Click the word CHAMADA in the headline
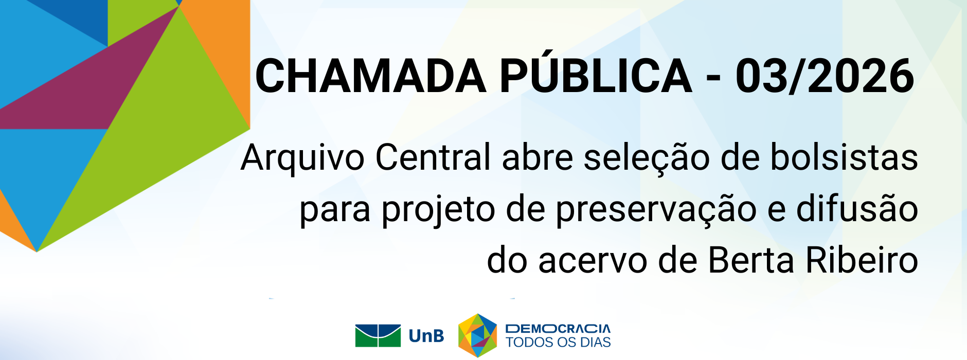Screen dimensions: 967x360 370,76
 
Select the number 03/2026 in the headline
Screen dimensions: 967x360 825,76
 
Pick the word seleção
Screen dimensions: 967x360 646,158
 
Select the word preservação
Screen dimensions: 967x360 656,211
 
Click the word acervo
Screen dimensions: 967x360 593,262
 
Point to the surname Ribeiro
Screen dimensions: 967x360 862,260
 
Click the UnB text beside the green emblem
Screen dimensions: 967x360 426,336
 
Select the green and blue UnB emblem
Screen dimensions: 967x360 378,336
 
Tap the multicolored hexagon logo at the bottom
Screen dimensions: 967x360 478,335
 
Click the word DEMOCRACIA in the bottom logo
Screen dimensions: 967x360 558,329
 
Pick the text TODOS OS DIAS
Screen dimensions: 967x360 558,343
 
